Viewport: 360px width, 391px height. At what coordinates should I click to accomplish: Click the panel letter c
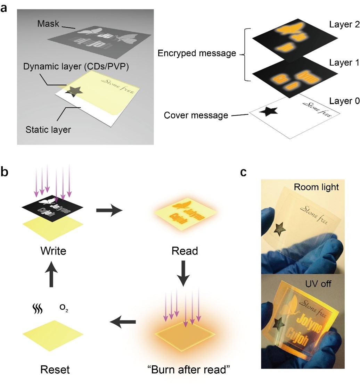click(x=245, y=173)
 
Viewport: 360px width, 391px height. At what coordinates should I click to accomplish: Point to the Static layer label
click(x=48, y=130)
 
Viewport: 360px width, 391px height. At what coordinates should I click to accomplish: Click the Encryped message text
click(x=197, y=53)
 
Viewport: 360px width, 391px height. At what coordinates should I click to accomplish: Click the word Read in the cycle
click(x=185, y=251)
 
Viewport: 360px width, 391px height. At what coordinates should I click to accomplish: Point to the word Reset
click(x=55, y=369)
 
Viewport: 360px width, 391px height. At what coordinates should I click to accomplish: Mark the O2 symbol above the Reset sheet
click(x=65, y=308)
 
